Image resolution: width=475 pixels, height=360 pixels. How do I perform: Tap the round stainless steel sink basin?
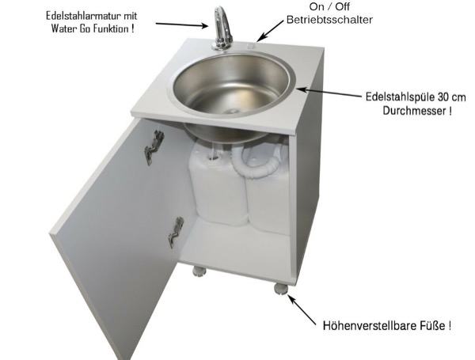click(x=230, y=87)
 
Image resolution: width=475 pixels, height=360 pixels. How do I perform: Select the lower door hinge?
click(x=176, y=231)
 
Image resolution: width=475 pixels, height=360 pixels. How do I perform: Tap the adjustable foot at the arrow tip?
click(x=281, y=287)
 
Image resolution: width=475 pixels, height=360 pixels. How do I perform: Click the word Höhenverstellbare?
click(x=365, y=324)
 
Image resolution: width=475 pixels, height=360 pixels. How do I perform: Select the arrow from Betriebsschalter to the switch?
click(x=270, y=29)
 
